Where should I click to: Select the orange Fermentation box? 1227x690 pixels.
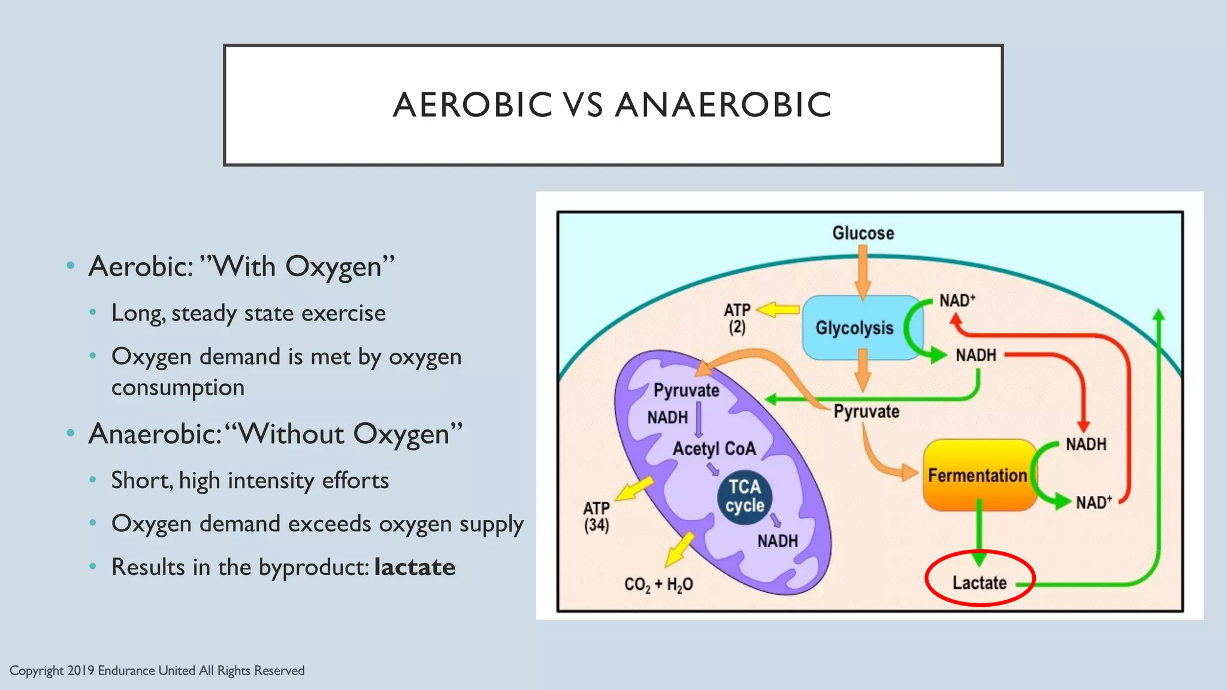tap(977, 475)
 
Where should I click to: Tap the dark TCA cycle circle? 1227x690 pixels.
tap(745, 497)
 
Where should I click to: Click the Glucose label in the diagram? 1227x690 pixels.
tap(863, 233)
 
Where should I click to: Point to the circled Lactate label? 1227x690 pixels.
tap(980, 582)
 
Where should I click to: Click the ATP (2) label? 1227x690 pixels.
tap(737, 318)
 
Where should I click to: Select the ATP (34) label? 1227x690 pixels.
tap(596, 516)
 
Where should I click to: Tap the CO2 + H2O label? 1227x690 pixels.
tap(658, 585)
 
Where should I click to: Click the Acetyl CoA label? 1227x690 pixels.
tap(714, 449)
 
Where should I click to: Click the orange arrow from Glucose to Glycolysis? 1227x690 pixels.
tap(863, 273)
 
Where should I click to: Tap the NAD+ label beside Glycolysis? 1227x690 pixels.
tap(957, 300)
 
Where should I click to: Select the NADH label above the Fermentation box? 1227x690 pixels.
tap(1086, 444)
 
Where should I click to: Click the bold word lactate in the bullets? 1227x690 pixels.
tap(415, 567)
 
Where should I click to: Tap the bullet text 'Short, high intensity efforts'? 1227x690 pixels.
tap(250, 480)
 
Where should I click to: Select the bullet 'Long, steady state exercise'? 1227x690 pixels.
tap(249, 313)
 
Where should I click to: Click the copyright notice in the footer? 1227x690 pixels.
tap(157, 670)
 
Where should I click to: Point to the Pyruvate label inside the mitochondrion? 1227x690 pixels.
tap(686, 391)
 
